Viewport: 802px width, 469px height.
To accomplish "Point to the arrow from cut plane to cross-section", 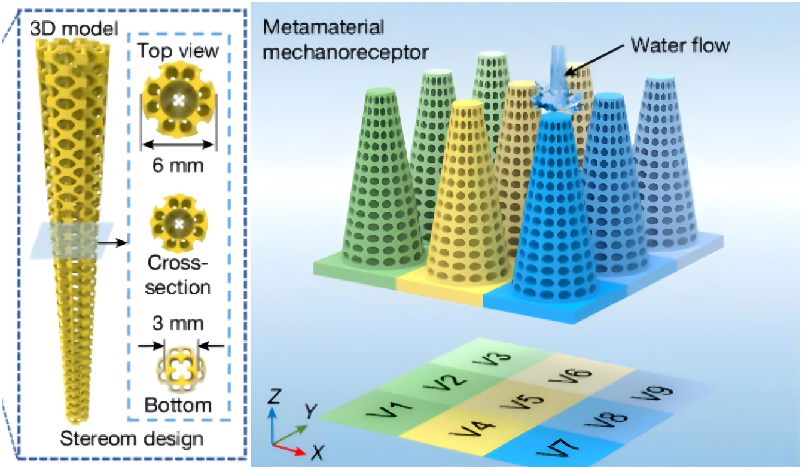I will coord(113,242).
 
